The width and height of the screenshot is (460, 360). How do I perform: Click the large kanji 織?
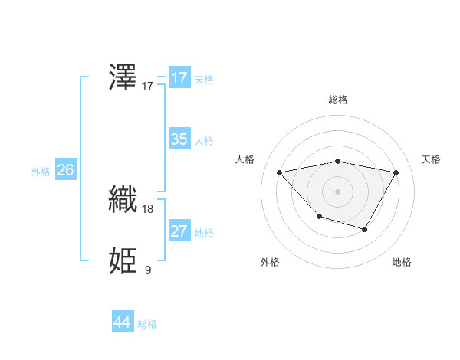[x=123, y=199]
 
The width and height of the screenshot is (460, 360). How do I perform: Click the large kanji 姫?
[x=123, y=260]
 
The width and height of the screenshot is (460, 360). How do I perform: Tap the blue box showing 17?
[x=179, y=78]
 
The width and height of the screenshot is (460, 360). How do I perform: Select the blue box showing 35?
[x=179, y=139]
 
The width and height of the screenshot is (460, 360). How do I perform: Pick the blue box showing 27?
[x=179, y=231]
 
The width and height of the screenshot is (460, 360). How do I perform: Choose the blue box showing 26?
[x=65, y=170]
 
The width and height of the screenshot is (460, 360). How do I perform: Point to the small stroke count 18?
[x=148, y=208]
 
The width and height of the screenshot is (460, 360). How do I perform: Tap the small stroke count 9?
[x=148, y=270]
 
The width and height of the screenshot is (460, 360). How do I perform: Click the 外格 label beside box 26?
[x=41, y=172]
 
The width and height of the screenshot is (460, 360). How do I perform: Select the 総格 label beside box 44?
[x=147, y=324]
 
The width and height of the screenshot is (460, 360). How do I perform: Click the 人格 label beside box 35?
[x=204, y=141]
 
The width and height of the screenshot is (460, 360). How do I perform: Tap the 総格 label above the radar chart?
[x=337, y=100]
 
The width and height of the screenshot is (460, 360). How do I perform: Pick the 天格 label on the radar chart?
[x=432, y=159]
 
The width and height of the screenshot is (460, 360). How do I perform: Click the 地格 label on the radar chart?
[x=402, y=262]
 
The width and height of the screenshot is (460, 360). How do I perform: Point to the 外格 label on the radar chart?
[x=270, y=262]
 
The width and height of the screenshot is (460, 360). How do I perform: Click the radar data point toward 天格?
[x=396, y=172]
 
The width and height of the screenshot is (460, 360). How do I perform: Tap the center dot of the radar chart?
[x=337, y=191]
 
